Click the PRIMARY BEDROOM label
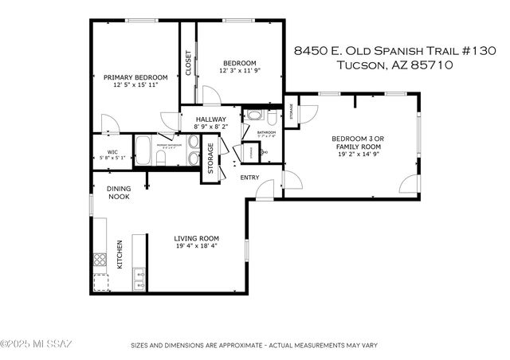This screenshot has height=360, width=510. pos(131,77)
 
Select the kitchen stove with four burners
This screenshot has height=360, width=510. pos(100,258)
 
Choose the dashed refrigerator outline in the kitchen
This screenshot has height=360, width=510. pos(100,282)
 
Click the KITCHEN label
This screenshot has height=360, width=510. pos(120,255)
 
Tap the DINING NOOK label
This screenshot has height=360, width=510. pos(119,192)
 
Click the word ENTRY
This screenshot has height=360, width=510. pos(249,177)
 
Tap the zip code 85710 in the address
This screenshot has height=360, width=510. pos(433,65)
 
